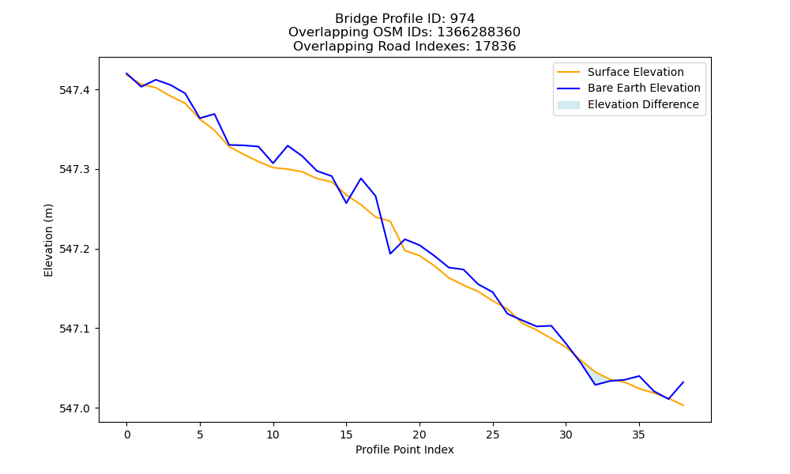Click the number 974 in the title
tap(462, 19)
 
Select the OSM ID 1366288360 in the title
tap(479, 32)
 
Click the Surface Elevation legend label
tap(635, 72)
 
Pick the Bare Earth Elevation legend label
tap(644, 88)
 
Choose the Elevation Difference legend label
tap(643, 104)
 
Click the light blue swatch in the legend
tap(568, 105)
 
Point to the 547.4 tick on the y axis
tap(74, 90)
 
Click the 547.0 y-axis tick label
tap(74, 408)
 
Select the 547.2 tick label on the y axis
tap(74, 250)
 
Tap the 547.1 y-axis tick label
tap(74, 329)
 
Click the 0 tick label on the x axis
tap(127, 434)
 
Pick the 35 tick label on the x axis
tap(639, 434)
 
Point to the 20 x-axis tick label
tap(419, 434)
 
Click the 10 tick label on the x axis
tap(273, 434)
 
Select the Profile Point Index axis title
tap(404, 450)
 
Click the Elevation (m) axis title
tap(48, 240)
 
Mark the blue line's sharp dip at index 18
tap(390, 254)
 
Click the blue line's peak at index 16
tap(361, 179)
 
